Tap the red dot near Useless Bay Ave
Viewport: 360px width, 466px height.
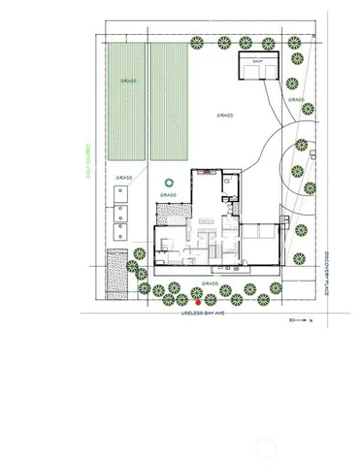(199, 302)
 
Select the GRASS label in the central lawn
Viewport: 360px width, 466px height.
(225, 115)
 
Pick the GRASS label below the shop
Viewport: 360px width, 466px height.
(296, 100)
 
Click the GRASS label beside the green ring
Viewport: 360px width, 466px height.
(168, 195)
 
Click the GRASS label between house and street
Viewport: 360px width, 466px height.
(211, 283)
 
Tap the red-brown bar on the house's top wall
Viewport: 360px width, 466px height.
(206, 171)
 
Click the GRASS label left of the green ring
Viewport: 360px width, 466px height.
(123, 178)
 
